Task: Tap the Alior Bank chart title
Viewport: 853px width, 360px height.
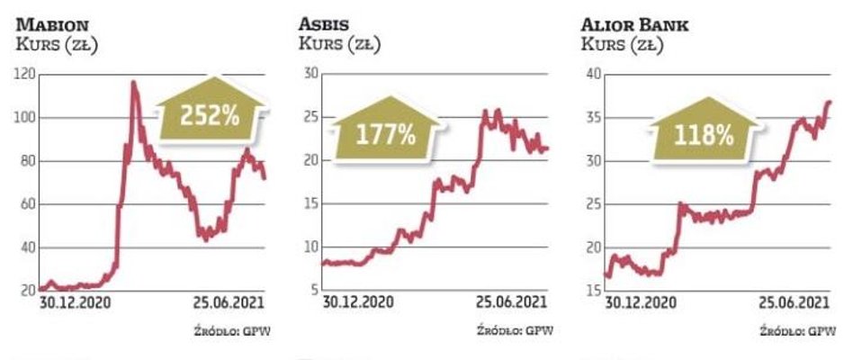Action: [x=635, y=24]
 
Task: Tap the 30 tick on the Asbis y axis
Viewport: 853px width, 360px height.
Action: [x=308, y=75]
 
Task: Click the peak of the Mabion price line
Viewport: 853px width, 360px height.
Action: [x=133, y=83]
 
